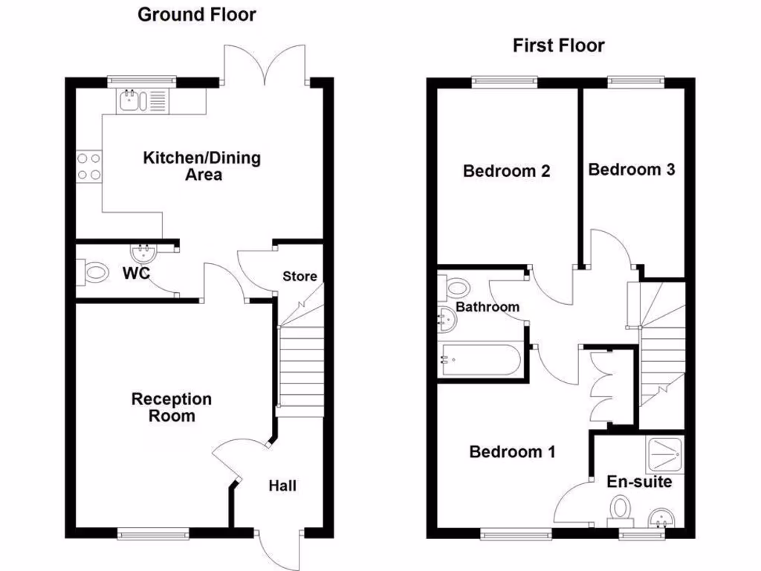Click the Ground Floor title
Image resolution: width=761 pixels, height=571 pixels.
196,14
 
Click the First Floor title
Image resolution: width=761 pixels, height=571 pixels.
558,45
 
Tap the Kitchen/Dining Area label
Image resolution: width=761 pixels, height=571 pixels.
201,166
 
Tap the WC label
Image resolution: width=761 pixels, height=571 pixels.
136,273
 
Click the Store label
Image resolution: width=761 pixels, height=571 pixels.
299,277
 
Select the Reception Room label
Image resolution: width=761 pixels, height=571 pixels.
172,407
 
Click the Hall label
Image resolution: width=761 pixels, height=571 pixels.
282,485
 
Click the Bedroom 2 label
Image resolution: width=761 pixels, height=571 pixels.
506,171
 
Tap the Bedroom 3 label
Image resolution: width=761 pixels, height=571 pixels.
631,169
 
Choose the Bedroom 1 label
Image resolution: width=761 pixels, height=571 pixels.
512,451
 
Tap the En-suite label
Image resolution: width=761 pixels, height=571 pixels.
639,482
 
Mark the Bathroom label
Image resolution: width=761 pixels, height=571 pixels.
488,306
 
